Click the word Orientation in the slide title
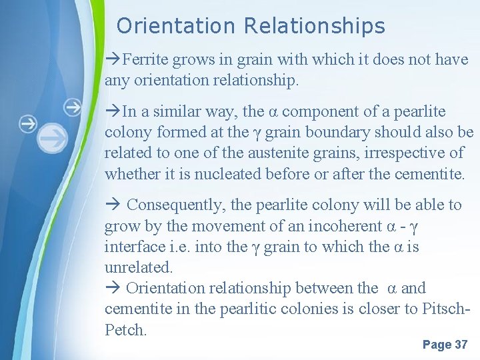pyautogui.click(x=176, y=26)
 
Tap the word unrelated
pyautogui.click(x=138, y=267)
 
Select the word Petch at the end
pyautogui.click(x=125, y=329)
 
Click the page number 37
pyautogui.click(x=461, y=345)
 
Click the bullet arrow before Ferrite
pyautogui.click(x=113, y=60)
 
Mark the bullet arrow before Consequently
pyautogui.click(x=113, y=205)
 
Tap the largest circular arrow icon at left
pyautogui.click(x=53, y=139)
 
